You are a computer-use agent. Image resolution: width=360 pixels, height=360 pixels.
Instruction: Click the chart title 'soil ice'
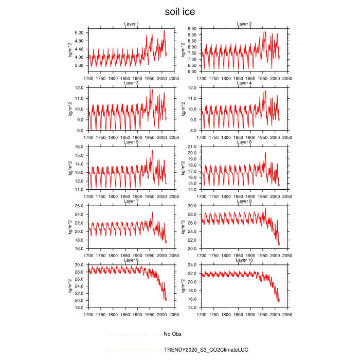180,11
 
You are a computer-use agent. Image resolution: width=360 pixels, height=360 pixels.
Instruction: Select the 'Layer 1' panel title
132,24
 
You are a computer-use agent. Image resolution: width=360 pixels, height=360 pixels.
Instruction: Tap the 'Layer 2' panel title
244,24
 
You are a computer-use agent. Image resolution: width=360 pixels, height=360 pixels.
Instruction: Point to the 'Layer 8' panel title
244,201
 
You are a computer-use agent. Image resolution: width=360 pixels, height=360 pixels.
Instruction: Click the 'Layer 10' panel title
244,260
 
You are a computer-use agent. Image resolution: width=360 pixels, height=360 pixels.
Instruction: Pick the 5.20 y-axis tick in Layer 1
79,32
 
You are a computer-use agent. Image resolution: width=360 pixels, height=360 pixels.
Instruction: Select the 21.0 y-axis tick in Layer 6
191,147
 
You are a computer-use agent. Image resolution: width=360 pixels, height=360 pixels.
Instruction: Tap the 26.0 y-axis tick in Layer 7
79,206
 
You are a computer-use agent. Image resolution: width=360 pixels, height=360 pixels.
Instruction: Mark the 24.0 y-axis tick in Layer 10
191,265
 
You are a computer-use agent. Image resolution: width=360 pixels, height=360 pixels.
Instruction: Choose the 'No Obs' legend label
172,334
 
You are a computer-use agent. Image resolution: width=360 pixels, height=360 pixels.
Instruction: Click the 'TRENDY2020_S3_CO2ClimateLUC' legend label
206,350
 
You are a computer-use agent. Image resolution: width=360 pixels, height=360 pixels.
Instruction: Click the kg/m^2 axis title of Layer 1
70,50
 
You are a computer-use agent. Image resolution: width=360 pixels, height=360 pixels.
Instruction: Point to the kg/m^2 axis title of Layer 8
182,227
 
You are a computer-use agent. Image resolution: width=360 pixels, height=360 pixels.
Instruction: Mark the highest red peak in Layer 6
265,152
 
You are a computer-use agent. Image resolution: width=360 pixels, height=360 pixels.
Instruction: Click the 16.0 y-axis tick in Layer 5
79,147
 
